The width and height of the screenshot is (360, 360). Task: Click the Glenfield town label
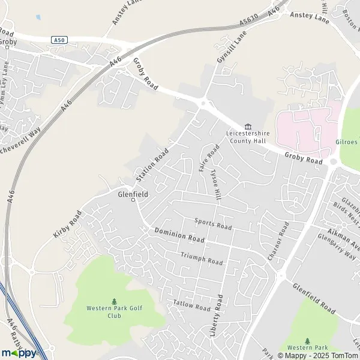(x=133, y=194)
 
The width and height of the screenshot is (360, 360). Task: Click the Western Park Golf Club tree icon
(x=114, y=301)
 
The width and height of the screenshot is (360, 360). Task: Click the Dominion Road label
(x=179, y=235)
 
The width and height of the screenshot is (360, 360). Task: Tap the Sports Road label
(x=213, y=224)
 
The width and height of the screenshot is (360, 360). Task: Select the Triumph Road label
(x=202, y=259)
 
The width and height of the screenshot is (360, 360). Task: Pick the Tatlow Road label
(x=191, y=305)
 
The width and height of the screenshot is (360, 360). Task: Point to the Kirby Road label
(x=67, y=224)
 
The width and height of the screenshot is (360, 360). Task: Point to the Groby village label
(x=8, y=42)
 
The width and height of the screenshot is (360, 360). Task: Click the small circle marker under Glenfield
(x=133, y=201)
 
